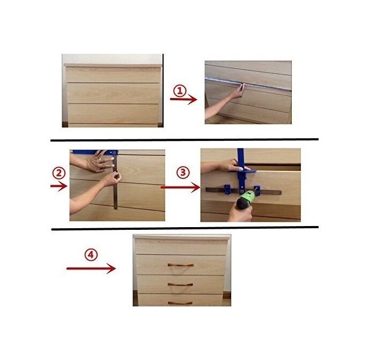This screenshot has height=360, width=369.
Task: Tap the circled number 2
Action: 58,173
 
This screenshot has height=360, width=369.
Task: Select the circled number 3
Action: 183,173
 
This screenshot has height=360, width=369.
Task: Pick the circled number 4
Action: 91,255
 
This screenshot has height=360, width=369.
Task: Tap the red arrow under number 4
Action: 91,268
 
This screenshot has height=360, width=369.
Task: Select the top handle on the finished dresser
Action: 180,265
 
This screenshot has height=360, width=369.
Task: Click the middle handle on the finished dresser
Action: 180,284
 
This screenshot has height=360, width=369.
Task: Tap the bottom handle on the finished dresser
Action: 180,303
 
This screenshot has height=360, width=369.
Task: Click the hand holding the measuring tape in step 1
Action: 236,92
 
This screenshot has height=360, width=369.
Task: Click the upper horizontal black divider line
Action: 184,140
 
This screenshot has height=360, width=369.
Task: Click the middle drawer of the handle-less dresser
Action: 113,93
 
